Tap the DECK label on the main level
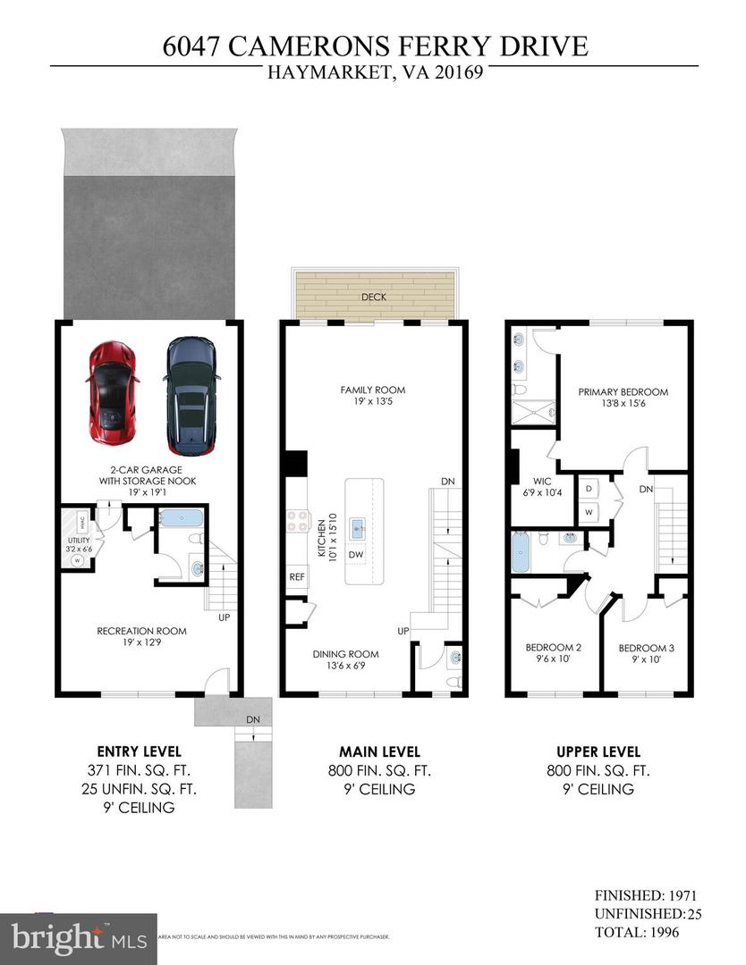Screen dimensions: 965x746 [374, 297]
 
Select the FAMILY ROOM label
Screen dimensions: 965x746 [373, 390]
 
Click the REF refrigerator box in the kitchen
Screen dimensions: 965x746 [297, 576]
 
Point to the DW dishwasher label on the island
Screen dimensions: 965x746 [356, 555]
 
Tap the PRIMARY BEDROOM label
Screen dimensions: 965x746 [623, 391]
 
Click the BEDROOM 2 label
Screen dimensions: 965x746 [553, 648]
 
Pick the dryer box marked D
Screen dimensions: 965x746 [589, 490]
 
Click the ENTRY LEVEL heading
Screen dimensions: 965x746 [139, 751]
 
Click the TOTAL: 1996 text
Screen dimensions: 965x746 [638, 933]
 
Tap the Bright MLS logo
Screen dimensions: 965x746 [79, 938]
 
